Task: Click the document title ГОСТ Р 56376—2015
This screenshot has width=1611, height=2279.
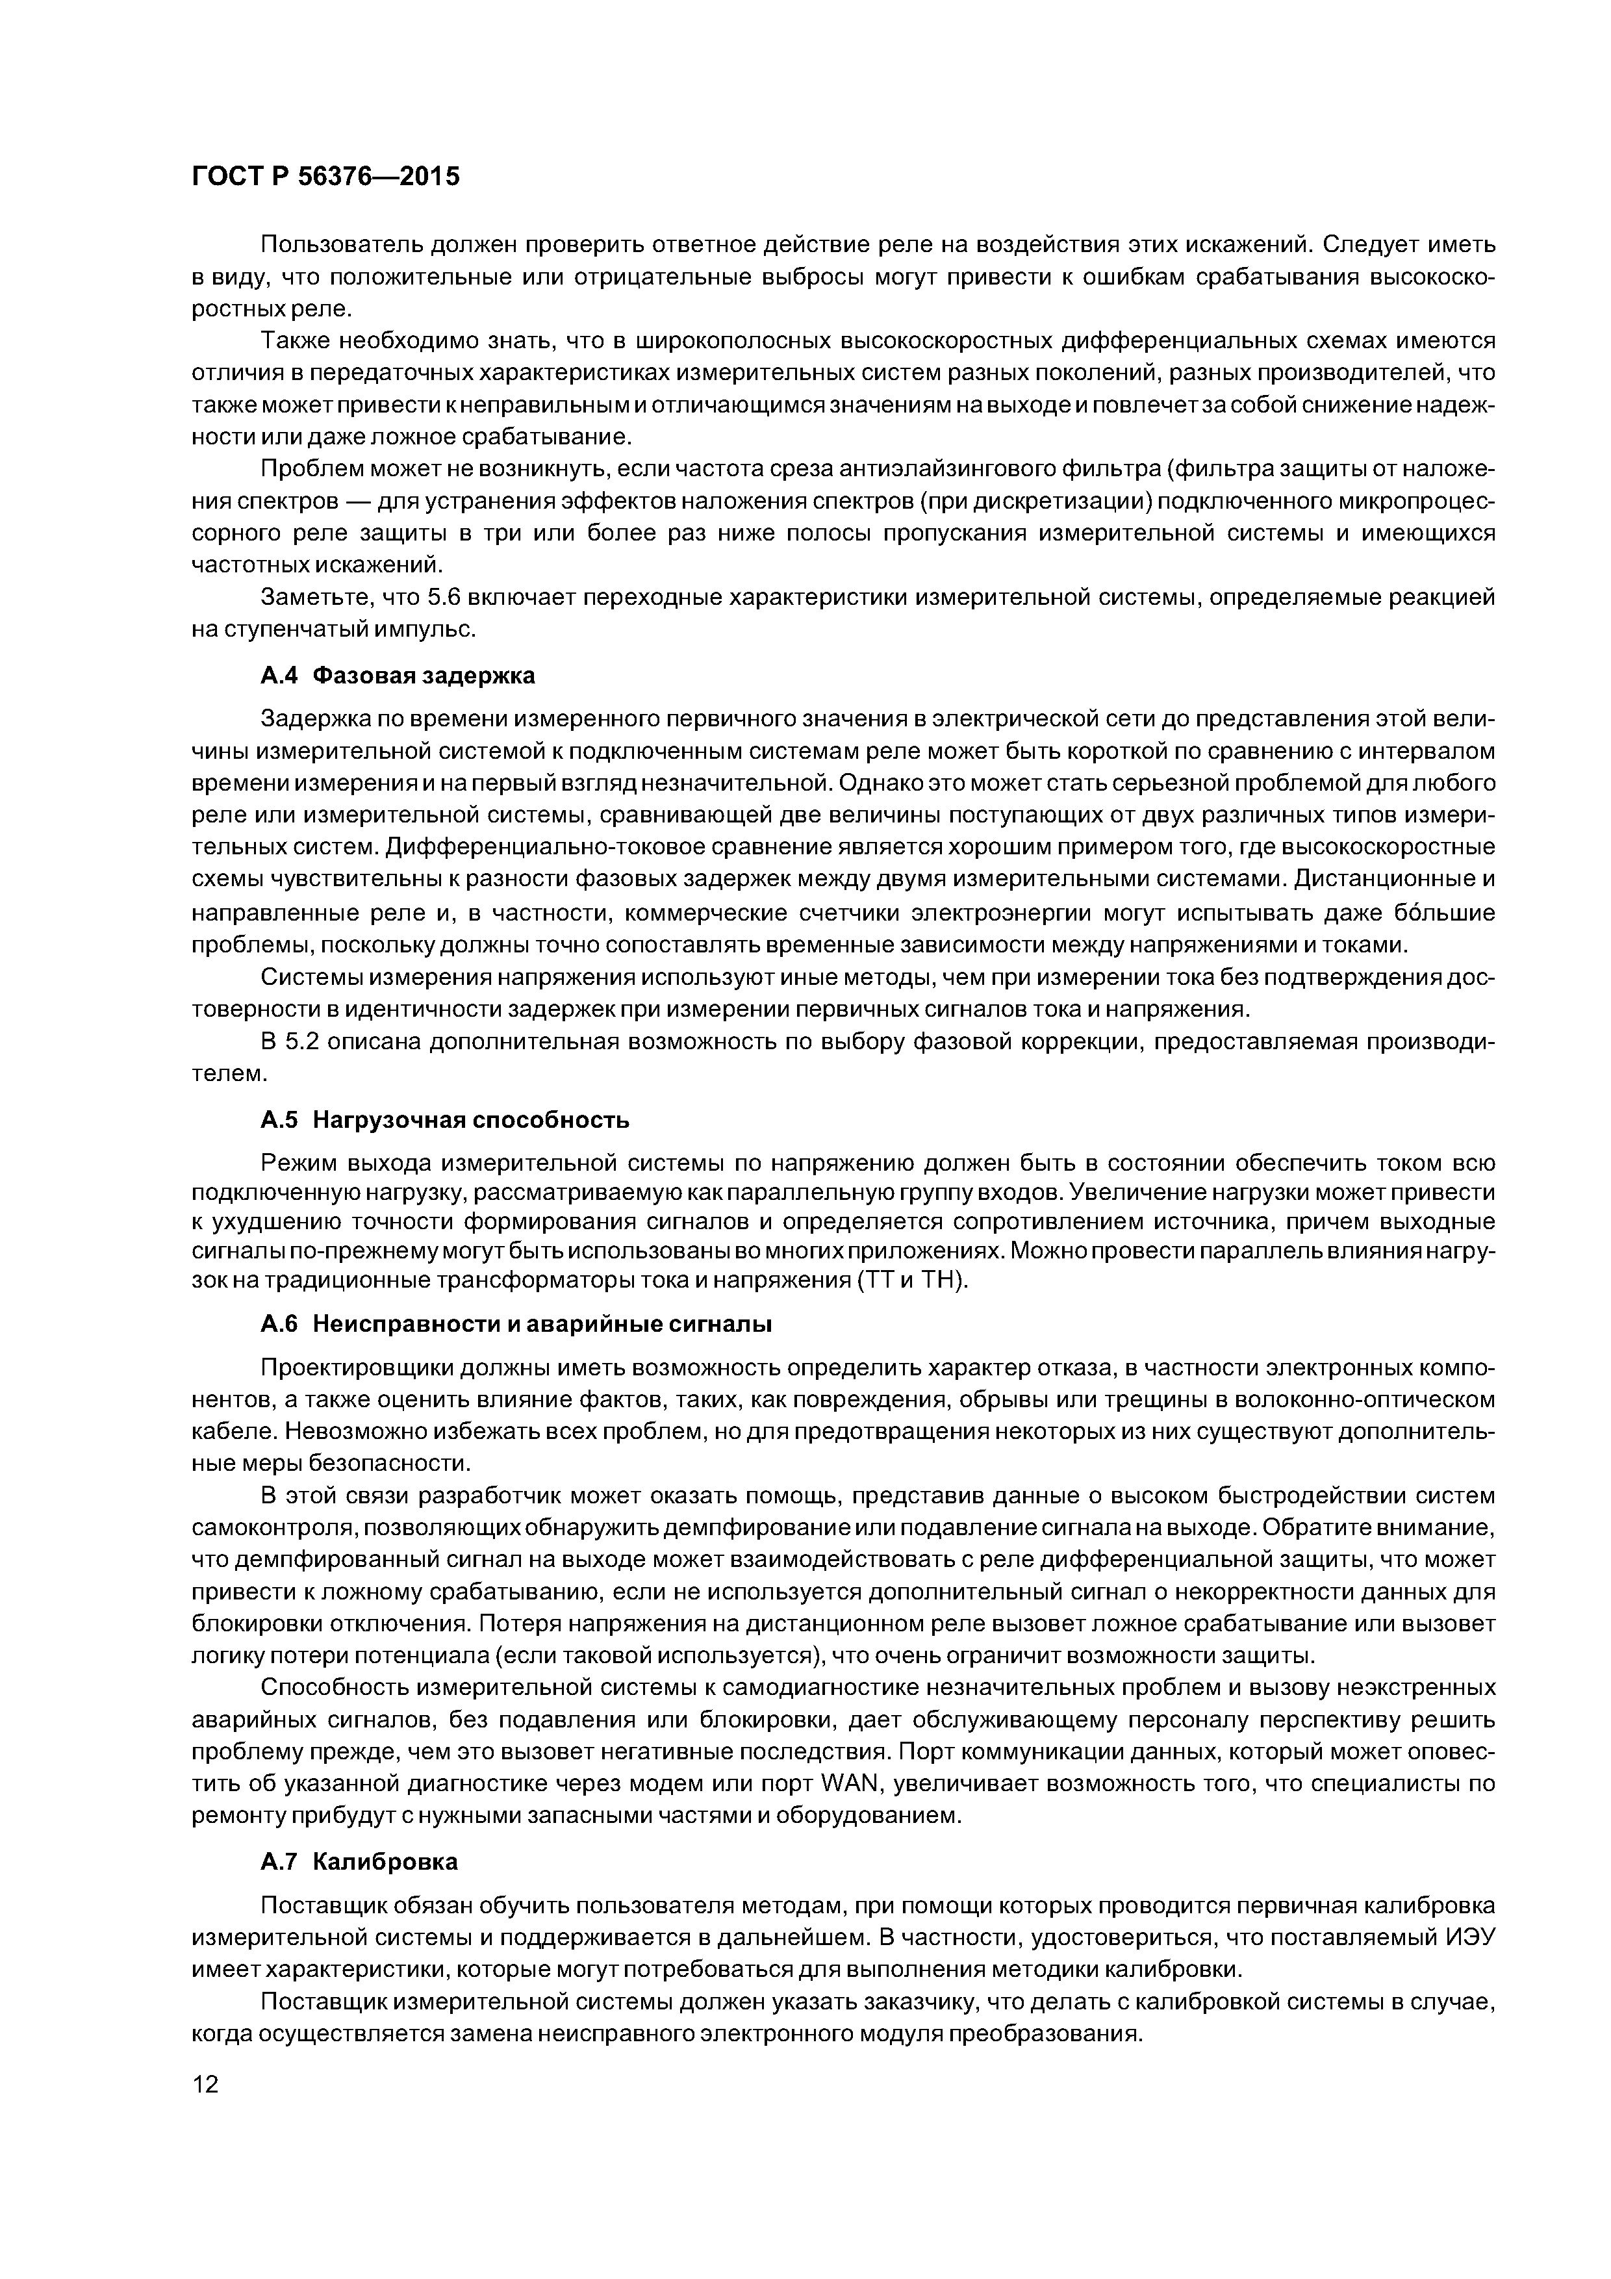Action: [x=325, y=177]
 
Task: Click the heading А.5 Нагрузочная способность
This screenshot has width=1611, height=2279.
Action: [x=445, y=1121]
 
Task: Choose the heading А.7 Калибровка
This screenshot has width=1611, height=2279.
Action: [x=359, y=1862]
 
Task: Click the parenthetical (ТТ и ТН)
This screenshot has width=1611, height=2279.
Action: [x=910, y=1280]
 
